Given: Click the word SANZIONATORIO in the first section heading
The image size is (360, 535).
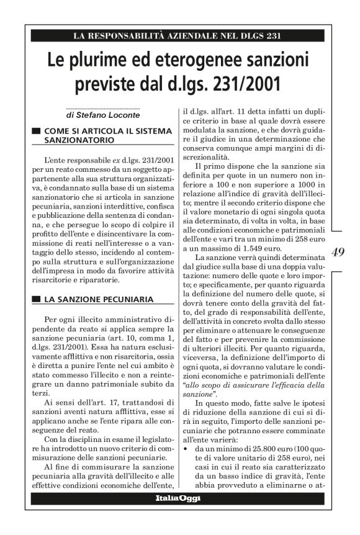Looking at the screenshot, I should click(x=77, y=141).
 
